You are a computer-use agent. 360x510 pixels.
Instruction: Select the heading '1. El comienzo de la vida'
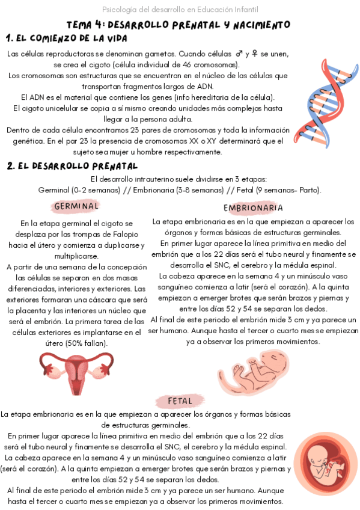tap(66, 38)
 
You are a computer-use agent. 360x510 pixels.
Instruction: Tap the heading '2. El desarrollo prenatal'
tap(72, 165)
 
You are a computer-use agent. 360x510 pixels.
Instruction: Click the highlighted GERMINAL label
tap(76, 206)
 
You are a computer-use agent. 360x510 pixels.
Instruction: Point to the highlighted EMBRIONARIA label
tap(253, 207)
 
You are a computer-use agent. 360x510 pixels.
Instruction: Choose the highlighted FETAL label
tap(180, 401)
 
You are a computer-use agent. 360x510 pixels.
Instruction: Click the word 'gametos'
tap(155, 54)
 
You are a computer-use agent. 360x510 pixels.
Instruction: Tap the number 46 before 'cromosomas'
tap(191, 64)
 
